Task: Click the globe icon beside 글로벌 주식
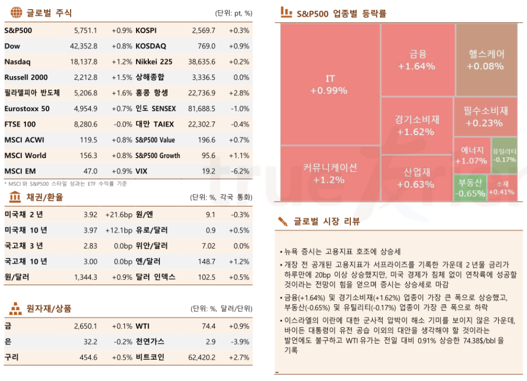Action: tap(16, 12)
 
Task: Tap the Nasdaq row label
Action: tap(17, 62)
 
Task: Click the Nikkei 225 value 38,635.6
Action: tap(202, 62)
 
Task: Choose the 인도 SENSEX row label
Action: tap(156, 109)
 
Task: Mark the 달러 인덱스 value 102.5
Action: tap(207, 277)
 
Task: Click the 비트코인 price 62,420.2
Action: tap(202, 358)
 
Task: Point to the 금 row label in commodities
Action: tap(8, 326)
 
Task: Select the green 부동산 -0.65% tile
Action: tap(470, 187)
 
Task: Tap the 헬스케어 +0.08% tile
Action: tap(486, 59)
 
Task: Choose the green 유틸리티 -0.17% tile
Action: tap(504, 155)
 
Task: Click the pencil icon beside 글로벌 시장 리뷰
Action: tap(283, 221)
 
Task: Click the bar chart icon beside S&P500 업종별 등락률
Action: tap(286, 12)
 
